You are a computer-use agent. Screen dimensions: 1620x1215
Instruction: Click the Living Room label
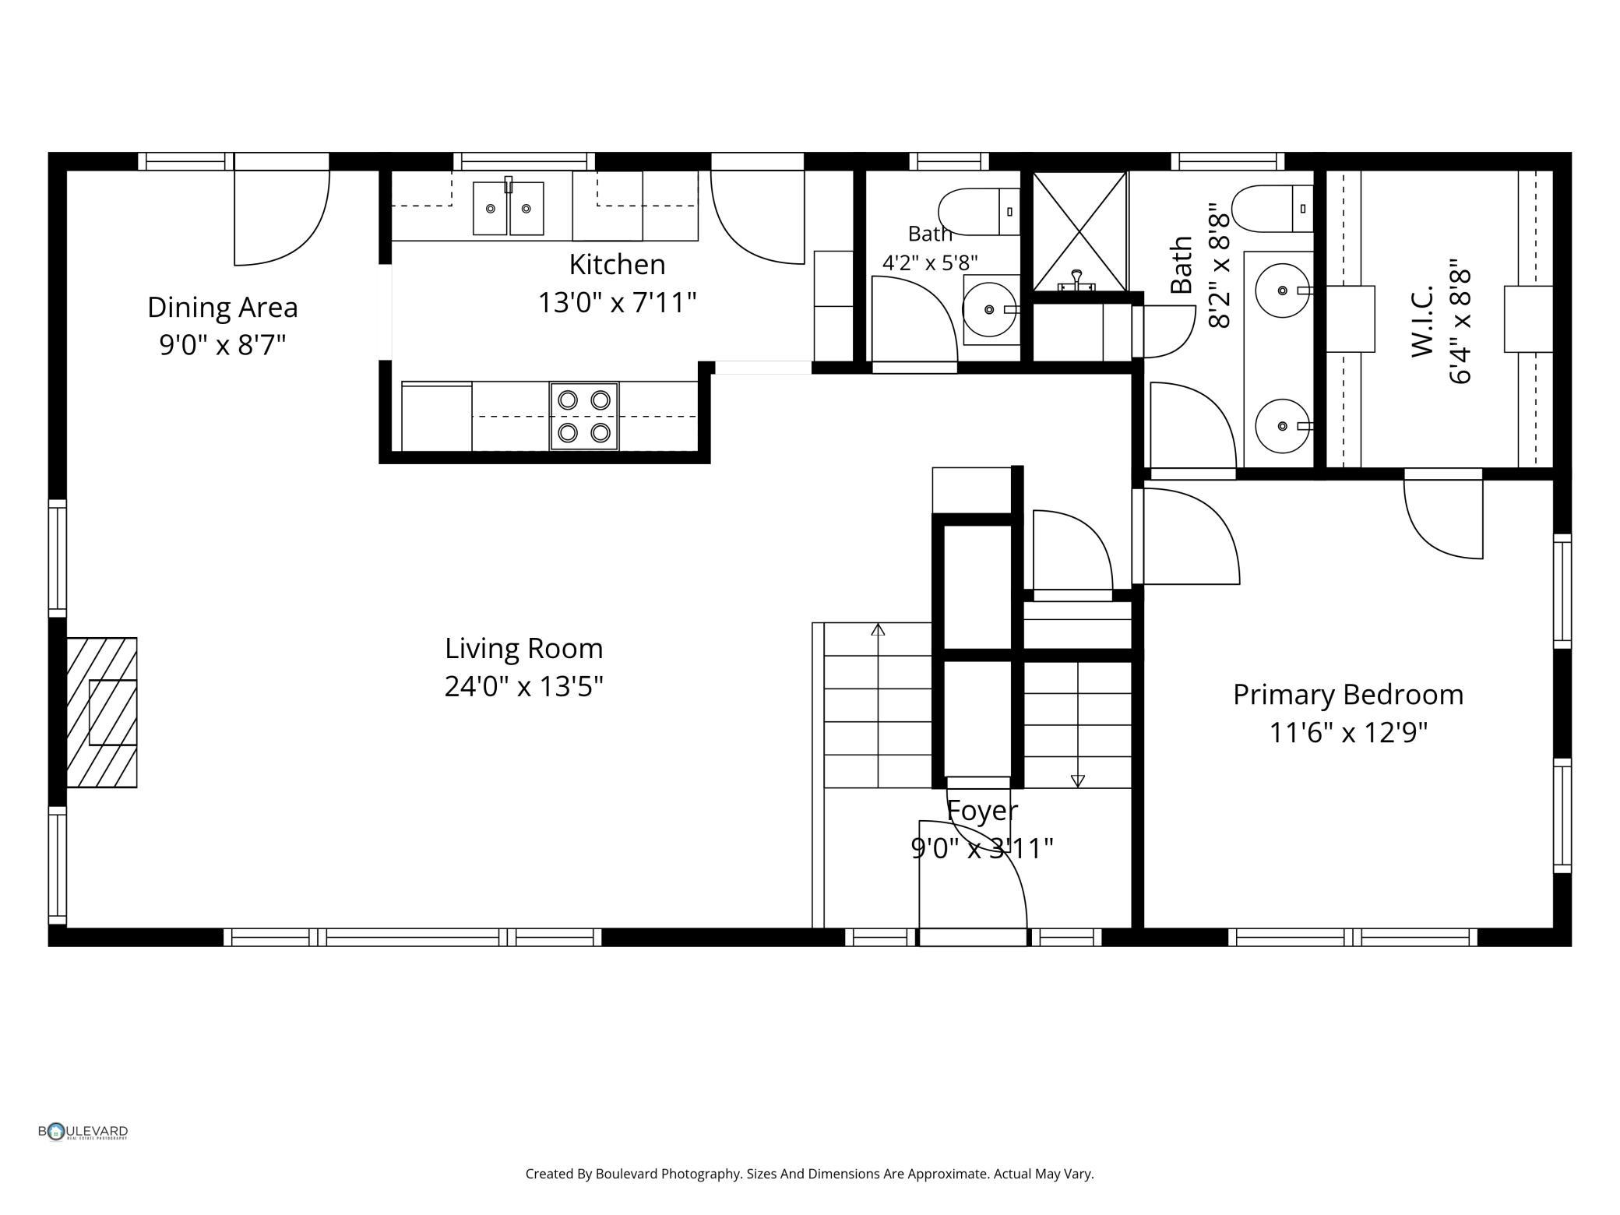coord(524,648)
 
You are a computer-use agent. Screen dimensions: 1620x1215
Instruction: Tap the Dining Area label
coord(223,307)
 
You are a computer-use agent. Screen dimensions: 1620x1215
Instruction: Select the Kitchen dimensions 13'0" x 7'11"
coord(617,301)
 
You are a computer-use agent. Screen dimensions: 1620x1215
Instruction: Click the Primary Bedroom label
coord(1348,695)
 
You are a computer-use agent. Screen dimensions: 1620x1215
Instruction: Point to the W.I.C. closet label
coord(1423,321)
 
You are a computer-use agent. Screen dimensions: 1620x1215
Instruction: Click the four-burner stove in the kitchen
coord(584,416)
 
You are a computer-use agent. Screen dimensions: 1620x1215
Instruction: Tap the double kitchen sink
coord(508,207)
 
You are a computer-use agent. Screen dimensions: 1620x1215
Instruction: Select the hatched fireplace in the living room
coord(101,712)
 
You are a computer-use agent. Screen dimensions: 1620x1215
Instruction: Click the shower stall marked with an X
coord(1079,231)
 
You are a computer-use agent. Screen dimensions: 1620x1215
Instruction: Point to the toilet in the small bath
coord(979,211)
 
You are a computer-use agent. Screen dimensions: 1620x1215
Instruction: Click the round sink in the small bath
coord(989,309)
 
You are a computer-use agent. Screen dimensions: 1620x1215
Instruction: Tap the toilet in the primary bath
coord(1273,208)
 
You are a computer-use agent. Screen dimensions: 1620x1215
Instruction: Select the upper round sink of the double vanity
coord(1282,291)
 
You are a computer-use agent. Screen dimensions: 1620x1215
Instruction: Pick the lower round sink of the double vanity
coord(1282,426)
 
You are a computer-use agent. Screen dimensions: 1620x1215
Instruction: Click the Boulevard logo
coord(83,1132)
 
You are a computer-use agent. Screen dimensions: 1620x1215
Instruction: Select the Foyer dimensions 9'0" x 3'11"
coord(982,848)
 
